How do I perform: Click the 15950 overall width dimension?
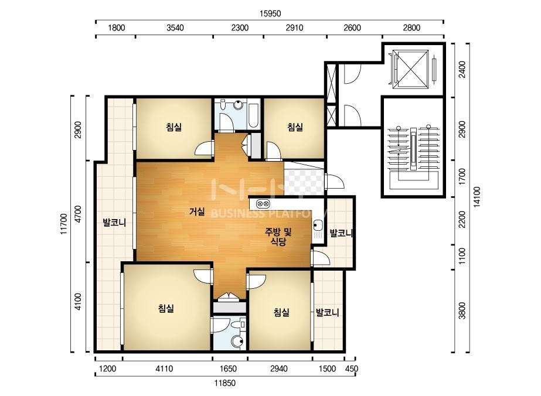[270, 13]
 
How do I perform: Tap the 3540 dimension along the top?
[175, 28]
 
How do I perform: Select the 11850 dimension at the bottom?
[224, 383]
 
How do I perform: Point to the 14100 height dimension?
[478, 197]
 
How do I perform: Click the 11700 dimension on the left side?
[63, 224]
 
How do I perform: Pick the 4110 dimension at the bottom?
[164, 368]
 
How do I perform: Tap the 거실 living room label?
[197, 211]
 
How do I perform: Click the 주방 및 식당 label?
[278, 237]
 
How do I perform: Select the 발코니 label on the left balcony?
[114, 223]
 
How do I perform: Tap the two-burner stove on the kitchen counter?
[263, 204]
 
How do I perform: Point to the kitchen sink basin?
[317, 226]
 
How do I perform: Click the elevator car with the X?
[410, 69]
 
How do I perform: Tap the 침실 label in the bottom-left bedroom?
[166, 308]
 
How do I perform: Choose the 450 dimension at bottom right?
[352, 368]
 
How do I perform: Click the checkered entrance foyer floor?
[304, 179]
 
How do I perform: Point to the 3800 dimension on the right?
[462, 311]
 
